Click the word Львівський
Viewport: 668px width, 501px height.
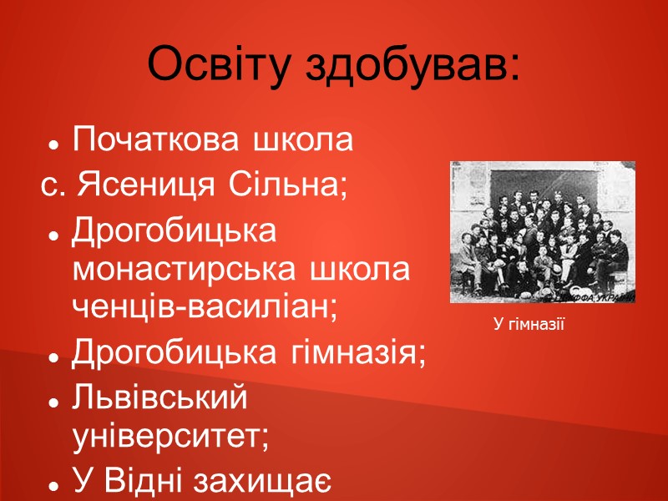pos(160,398)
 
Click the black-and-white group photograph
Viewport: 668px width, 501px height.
pos(543,231)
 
